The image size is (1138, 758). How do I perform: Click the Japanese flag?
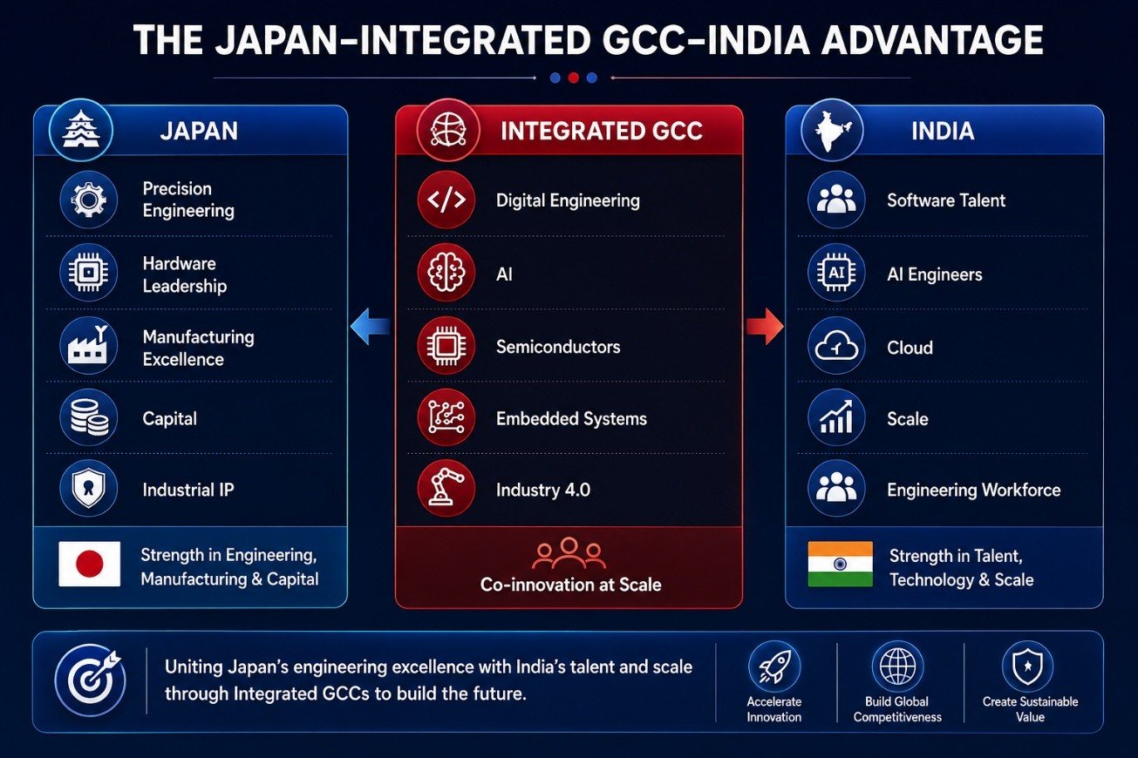90,564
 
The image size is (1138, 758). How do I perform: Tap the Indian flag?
841,564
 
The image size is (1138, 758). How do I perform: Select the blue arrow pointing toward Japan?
371,326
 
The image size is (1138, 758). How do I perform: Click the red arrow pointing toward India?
765,326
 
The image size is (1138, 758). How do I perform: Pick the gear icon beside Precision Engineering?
88,200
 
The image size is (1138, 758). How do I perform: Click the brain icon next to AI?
446,273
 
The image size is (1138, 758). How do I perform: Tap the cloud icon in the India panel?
836,346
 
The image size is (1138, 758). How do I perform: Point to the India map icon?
832,130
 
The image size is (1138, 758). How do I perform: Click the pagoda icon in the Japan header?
81,130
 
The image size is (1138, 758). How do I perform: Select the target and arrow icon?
91,680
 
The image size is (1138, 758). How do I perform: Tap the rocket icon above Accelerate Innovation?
774,667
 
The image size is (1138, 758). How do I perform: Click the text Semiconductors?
558,347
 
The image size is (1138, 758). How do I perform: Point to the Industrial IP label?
188,490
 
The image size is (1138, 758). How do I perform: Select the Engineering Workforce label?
973,490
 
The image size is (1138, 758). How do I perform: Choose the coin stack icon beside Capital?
88,417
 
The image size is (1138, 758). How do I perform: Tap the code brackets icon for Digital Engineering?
446,200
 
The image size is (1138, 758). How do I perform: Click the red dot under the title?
574,78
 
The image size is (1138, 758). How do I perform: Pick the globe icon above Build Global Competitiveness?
897,667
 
